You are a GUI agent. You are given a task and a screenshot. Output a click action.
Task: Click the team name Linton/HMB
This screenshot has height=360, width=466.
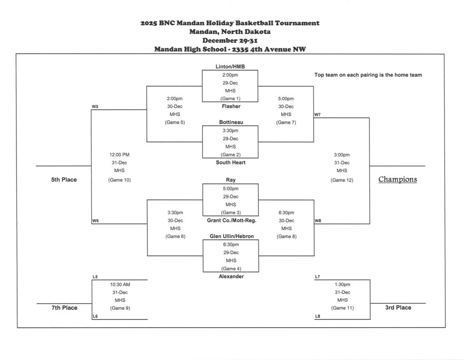tap(230, 67)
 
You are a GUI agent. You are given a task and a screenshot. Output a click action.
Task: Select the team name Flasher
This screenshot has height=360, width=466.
tap(231, 106)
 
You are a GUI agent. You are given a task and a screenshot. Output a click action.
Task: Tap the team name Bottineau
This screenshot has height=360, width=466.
tap(231, 122)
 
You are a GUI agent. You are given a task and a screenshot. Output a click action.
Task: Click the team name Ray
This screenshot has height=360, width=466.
tap(231, 180)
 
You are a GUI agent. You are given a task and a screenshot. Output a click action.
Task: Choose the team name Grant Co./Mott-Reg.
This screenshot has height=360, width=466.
tap(232, 220)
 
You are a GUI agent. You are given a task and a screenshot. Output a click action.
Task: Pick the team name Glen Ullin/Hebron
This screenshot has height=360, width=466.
tap(232, 236)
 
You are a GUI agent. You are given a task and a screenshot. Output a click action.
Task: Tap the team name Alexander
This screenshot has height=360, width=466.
tap(231, 276)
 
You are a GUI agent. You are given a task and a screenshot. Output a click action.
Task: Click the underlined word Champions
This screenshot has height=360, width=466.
tap(397, 179)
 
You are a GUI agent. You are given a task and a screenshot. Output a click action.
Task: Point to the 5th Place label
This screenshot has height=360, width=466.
tap(64, 180)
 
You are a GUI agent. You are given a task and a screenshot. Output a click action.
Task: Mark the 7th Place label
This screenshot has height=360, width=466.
tap(64, 308)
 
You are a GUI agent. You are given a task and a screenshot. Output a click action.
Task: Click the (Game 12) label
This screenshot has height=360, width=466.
tap(342, 180)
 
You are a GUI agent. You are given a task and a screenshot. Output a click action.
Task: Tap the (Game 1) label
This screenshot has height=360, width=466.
tap(230, 99)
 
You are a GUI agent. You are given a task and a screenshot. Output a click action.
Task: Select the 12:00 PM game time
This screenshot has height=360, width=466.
tap(119, 155)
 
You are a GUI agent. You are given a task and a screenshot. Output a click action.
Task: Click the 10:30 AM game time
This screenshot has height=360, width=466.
tap(120, 284)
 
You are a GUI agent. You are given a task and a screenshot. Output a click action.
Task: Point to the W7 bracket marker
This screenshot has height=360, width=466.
tap(317, 115)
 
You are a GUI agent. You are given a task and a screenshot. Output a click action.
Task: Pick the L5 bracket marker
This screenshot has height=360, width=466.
tap(95, 277)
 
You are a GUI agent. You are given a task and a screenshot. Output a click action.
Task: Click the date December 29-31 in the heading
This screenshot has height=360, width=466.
tap(230, 41)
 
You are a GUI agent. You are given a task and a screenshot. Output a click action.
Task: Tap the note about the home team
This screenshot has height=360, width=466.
tap(368, 75)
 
